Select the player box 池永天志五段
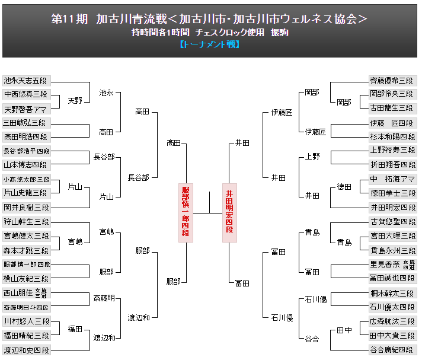click(26, 80)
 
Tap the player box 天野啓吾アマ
click(26, 109)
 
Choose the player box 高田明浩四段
click(26, 136)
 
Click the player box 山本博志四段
click(26, 164)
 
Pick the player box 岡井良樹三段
click(26, 207)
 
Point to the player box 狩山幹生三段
click(26, 221)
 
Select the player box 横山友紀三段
click(26, 278)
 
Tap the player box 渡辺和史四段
click(26, 350)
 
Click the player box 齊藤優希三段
click(392, 80)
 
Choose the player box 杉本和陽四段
click(392, 136)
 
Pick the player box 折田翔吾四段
click(392, 164)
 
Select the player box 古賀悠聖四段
click(392, 221)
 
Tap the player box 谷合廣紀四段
click(392, 350)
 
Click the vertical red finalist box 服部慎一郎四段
click(186, 212)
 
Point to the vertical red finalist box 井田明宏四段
click(229, 212)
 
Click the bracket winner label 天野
click(75, 101)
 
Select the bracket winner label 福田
click(75, 329)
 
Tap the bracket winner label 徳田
click(344, 186)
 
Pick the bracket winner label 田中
click(344, 329)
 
